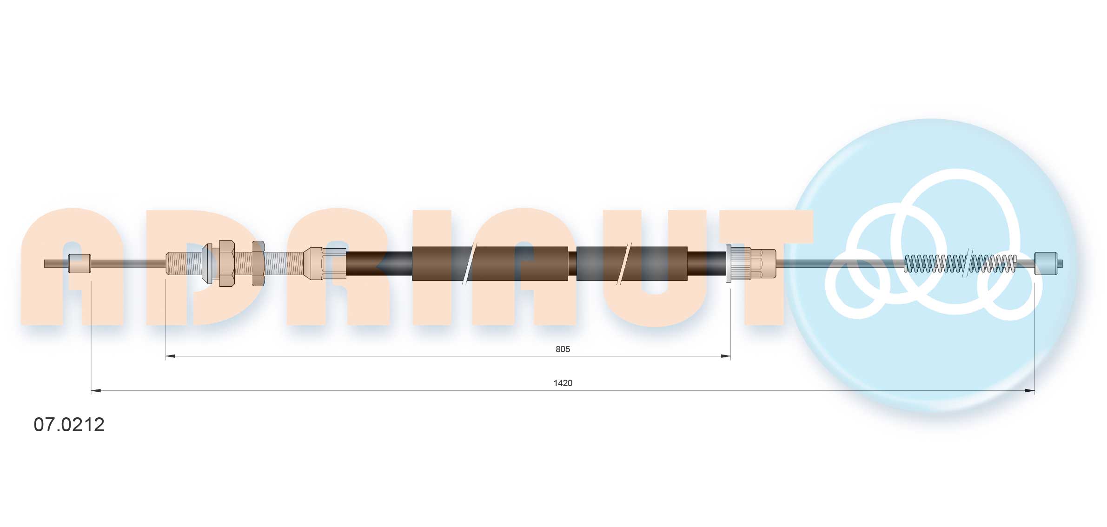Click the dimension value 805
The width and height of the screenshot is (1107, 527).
(562, 349)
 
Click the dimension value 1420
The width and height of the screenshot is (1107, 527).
(563, 383)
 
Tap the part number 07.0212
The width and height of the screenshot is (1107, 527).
(69, 425)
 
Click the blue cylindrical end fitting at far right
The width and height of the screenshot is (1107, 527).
(1046, 263)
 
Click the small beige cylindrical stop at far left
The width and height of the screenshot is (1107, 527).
(79, 263)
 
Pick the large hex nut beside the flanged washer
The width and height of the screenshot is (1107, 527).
(226, 263)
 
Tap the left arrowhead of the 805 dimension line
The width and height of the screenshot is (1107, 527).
(170, 356)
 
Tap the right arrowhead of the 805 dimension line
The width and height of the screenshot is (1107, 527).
(726, 356)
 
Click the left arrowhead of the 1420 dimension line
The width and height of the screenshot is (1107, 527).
(96, 391)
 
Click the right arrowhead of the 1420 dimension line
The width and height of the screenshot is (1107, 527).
(1030, 391)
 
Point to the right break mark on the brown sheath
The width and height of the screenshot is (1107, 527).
(623, 263)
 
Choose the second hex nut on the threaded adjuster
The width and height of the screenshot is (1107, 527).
(258, 263)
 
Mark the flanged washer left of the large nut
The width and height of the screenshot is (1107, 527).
(207, 263)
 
